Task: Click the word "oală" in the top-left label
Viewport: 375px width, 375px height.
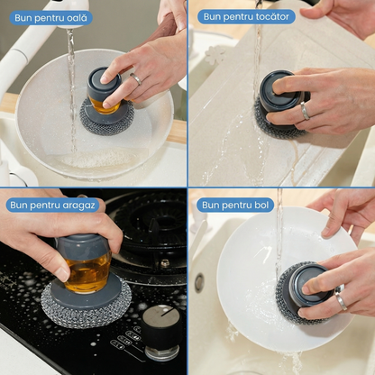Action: click(x=74, y=17)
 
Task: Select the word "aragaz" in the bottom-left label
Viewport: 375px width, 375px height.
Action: click(x=78, y=206)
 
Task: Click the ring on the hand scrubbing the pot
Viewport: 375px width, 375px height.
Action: click(x=136, y=78)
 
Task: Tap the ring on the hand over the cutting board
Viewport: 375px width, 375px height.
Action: click(x=305, y=111)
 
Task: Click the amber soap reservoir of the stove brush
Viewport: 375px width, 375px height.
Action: click(x=87, y=271)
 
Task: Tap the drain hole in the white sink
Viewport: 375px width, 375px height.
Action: click(x=198, y=282)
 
